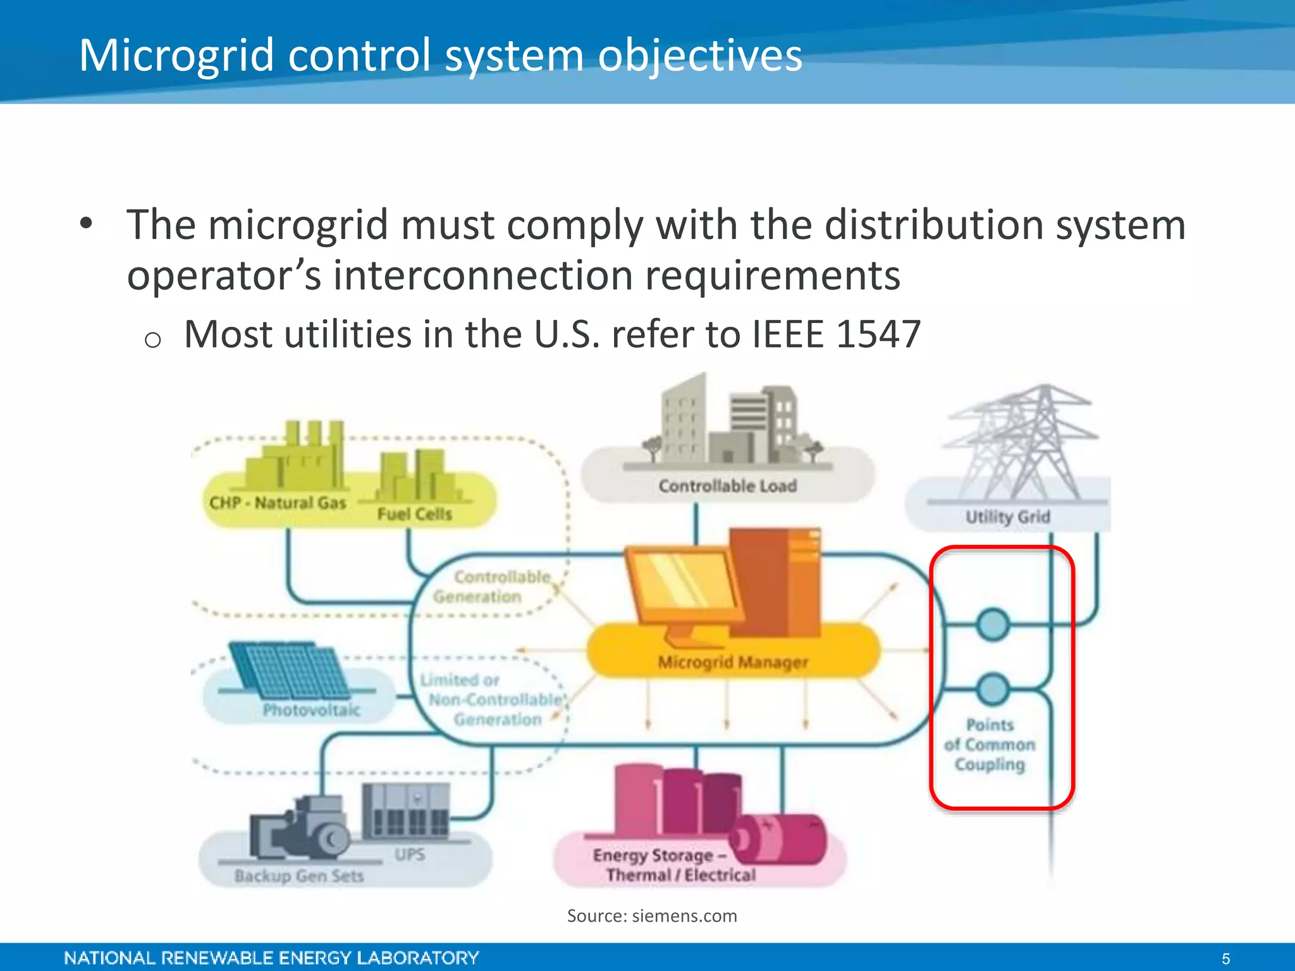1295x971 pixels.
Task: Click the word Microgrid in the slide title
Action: [x=176, y=56]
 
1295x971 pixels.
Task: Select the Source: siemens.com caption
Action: [x=651, y=915]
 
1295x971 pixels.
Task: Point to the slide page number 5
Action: [x=1225, y=958]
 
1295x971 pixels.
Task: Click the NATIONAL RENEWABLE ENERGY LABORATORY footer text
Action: [x=271, y=958]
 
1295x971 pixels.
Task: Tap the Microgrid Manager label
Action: [x=733, y=662]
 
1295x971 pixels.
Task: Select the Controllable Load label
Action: [x=727, y=485]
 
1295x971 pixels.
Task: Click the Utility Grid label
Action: [x=1007, y=516]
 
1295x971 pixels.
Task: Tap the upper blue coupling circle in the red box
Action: [x=992, y=625]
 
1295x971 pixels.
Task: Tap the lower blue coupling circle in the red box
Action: [x=992, y=689]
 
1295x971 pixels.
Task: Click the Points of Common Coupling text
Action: [x=990, y=744]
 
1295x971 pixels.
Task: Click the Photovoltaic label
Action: [x=311, y=710]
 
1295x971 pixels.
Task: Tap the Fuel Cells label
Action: [x=414, y=513]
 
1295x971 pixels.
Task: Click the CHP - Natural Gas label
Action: [x=278, y=503]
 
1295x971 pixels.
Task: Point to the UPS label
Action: [x=410, y=854]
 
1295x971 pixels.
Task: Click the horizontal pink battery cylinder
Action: [x=779, y=840]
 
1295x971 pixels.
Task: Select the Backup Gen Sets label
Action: [x=298, y=876]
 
